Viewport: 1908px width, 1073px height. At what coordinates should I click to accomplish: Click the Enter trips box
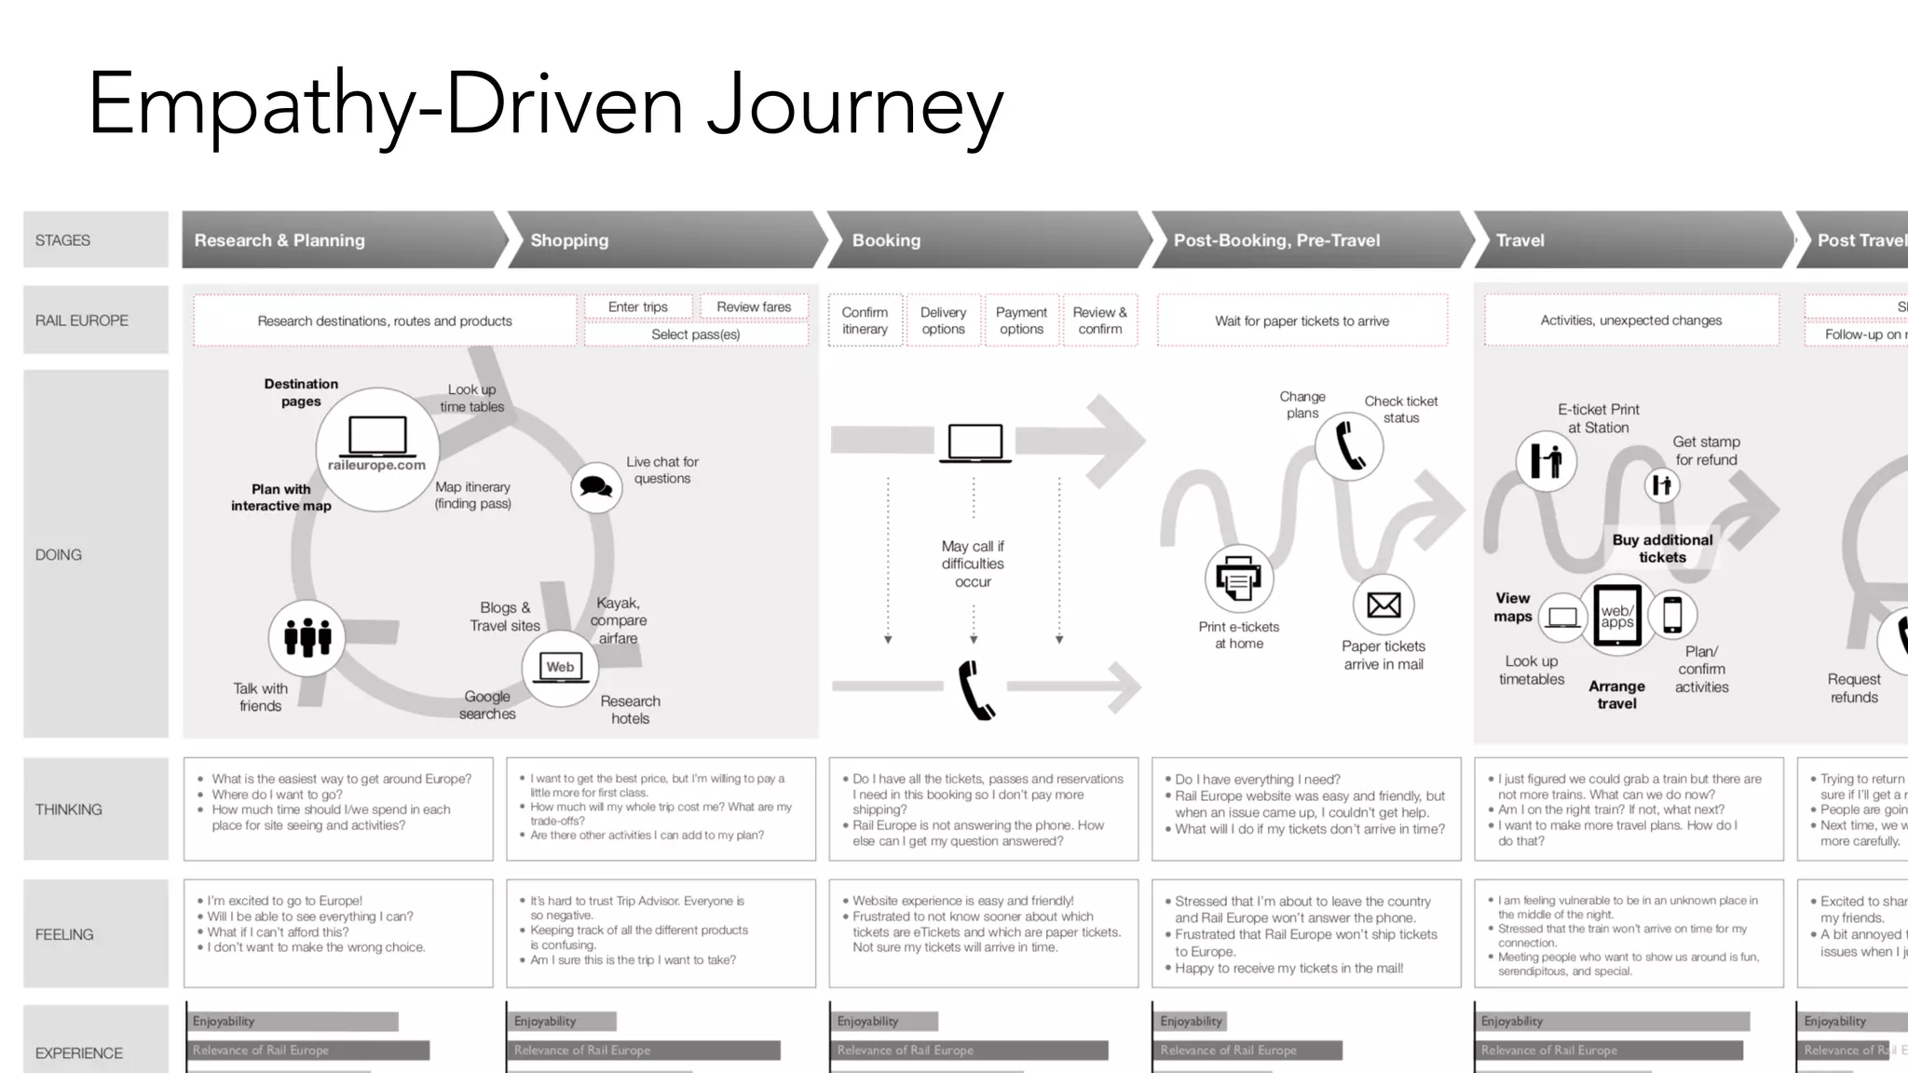[638, 306]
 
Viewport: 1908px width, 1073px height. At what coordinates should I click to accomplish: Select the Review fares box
[754, 306]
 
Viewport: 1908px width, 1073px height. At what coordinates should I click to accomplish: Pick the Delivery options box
[943, 320]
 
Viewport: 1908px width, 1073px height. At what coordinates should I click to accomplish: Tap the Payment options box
[1021, 320]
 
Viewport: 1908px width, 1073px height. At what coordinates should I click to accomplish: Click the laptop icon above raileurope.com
[377, 435]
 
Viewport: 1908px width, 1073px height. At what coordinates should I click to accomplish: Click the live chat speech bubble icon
[595, 486]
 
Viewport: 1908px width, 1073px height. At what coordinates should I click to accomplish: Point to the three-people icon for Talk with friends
[307, 637]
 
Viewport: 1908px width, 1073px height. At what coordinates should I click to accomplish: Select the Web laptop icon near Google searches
[560, 668]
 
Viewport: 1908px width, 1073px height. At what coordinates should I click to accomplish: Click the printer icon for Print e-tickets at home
[1238, 578]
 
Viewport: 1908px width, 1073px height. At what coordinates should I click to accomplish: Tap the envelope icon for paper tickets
[1383, 605]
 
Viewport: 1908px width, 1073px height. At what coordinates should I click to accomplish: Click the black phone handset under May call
[975, 689]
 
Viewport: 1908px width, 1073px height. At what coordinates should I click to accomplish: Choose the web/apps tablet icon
[1617, 615]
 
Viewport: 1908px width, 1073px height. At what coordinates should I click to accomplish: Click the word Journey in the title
[854, 105]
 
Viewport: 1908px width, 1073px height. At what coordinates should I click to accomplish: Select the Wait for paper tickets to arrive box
[1302, 320]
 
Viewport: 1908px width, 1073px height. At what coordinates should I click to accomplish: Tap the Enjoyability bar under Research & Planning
[293, 1021]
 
